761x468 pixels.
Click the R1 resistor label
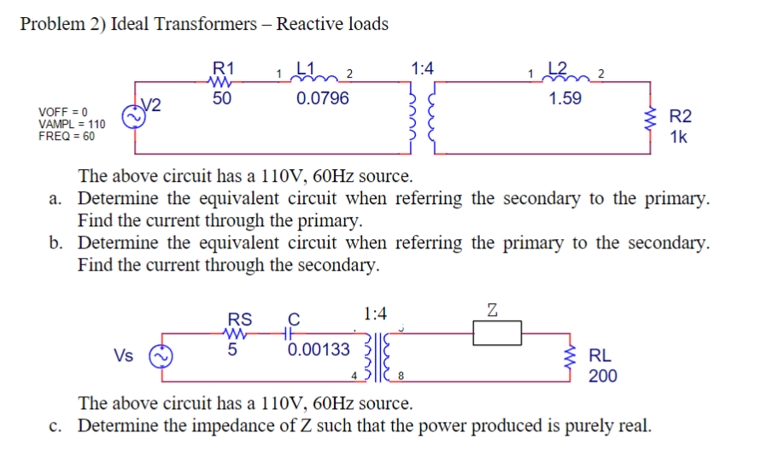[x=225, y=67]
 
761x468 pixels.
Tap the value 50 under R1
[x=222, y=98]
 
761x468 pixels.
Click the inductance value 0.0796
[x=322, y=98]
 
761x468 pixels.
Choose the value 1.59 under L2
[x=565, y=98]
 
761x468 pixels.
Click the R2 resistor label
[x=680, y=117]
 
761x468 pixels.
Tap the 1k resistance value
[x=679, y=137]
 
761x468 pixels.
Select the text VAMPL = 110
[x=73, y=124]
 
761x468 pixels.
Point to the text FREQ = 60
[x=67, y=136]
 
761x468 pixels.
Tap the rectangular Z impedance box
[x=497, y=333]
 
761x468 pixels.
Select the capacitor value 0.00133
[x=319, y=348]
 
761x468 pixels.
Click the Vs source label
[x=125, y=355]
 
